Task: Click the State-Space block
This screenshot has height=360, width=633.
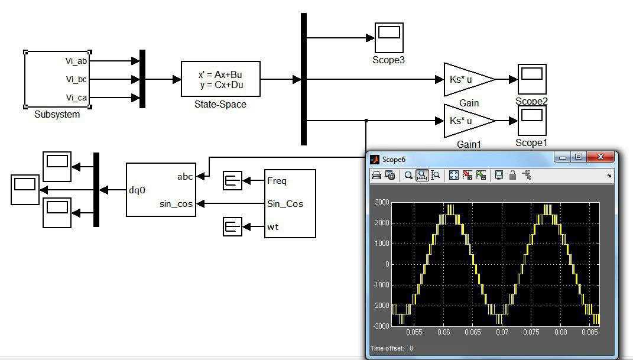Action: tap(220, 79)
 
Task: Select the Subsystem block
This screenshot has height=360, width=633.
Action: tap(57, 79)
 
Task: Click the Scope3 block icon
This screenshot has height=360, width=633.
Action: tap(389, 38)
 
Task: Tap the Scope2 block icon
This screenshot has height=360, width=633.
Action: tap(532, 79)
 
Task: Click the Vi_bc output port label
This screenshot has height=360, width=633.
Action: tap(76, 79)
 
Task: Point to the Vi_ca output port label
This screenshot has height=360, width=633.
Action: tap(76, 98)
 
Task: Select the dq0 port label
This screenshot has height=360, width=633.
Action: tap(137, 190)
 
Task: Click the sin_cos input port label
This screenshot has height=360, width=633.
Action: tap(176, 204)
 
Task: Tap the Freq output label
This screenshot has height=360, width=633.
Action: tap(277, 180)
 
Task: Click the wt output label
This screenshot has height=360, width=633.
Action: tap(273, 227)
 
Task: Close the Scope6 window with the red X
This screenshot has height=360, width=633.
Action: tap(600, 157)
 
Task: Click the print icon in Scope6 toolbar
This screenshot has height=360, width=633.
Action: tap(376, 175)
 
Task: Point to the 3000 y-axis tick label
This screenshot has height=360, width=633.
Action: tap(381, 202)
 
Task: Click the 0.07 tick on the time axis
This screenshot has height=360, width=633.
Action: tap(502, 332)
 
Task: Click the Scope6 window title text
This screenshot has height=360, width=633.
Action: tap(394, 160)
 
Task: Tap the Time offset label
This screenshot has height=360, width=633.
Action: tap(387, 348)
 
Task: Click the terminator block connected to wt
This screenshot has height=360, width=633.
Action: tap(232, 227)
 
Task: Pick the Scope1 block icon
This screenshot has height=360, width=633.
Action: tap(532, 121)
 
